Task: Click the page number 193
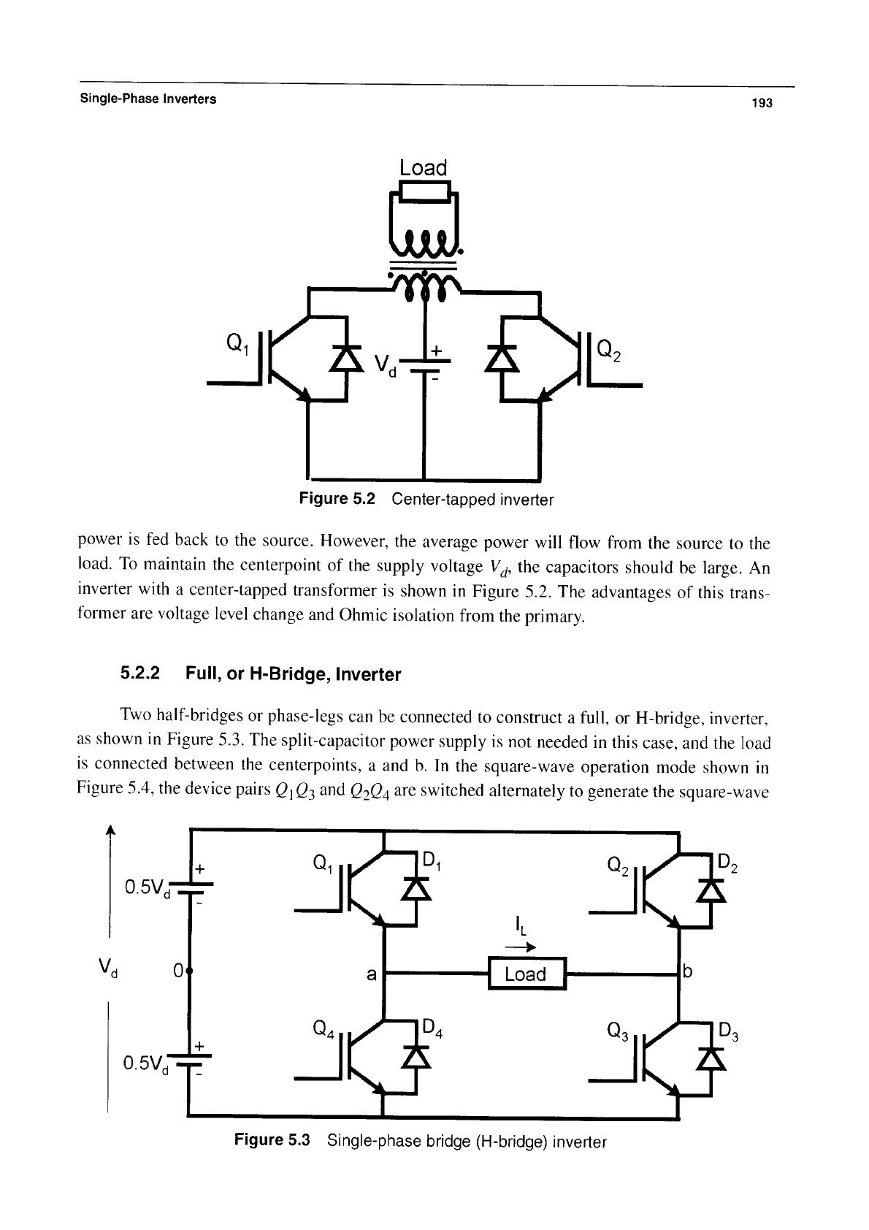pyautogui.click(x=762, y=103)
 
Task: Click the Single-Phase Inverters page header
pyautogui.click(x=148, y=99)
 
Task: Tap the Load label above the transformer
pyautogui.click(x=423, y=167)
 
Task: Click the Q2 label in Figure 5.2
pyautogui.click(x=609, y=351)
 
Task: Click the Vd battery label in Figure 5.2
pyautogui.click(x=386, y=366)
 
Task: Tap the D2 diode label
pyautogui.click(x=728, y=864)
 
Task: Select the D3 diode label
pyautogui.click(x=729, y=1033)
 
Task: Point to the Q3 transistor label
pyautogui.click(x=618, y=1032)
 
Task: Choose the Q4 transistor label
pyautogui.click(x=323, y=1028)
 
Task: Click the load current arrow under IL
pyautogui.click(x=520, y=947)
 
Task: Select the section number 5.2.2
pyautogui.click(x=140, y=673)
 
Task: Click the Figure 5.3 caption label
pyautogui.click(x=272, y=1140)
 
